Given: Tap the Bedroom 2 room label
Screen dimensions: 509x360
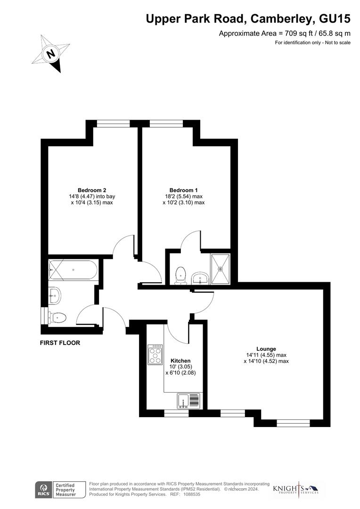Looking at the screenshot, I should pos(89,190).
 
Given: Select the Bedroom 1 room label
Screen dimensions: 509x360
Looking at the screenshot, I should pos(183,190).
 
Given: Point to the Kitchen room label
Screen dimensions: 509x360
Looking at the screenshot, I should pos(181,361).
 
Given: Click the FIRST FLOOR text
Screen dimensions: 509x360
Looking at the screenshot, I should pos(60,343).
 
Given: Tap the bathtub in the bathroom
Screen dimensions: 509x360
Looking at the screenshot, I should pos(73,270).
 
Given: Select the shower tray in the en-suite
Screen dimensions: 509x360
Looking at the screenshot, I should pos(220,270).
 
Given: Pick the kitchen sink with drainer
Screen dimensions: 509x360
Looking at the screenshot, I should pos(189,401).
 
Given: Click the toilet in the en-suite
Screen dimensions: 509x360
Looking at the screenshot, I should pos(180,275).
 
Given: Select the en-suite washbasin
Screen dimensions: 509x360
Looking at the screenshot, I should pos(202,277).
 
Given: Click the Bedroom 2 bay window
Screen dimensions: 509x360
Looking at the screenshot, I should pos(113,124).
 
